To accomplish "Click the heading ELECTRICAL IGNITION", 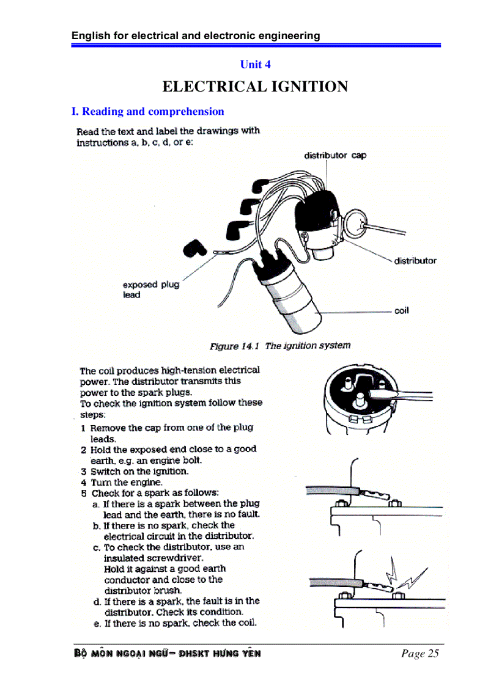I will click(255, 87).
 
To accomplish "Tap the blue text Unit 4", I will click(255, 64).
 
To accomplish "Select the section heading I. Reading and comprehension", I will click(147, 111).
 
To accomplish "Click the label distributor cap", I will click(335, 155).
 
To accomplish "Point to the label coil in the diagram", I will click(401, 310).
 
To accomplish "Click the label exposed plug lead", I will click(150, 290).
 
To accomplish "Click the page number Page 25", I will click(420, 654).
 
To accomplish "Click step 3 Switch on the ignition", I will click(139, 472).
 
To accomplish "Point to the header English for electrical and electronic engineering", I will click(196, 35).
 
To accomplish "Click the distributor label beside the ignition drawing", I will click(415, 261).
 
